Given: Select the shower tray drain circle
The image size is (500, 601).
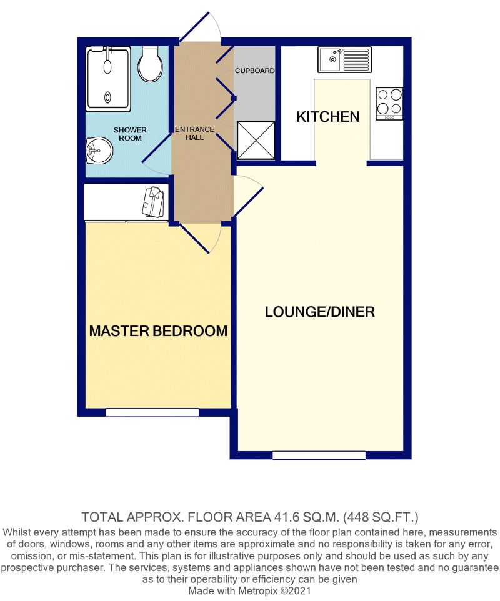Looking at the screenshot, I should tap(106, 96).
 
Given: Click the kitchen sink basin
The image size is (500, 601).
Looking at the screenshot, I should tap(330, 60).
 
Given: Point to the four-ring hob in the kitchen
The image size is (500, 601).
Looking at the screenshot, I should tap(389, 103).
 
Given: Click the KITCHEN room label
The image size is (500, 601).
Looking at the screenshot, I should tap(328, 117).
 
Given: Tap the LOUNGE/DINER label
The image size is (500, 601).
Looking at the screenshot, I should tap(320, 312).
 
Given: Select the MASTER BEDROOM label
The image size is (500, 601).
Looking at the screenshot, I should tap(158, 330).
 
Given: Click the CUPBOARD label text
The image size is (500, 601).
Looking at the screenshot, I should tap(254, 71).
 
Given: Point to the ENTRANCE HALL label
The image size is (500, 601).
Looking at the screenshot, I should tap(195, 133).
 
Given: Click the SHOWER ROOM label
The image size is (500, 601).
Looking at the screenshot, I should tap(130, 134).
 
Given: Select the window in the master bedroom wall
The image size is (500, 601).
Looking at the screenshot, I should tap(152, 412).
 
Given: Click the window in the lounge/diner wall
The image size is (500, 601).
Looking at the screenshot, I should tap(319, 455).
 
